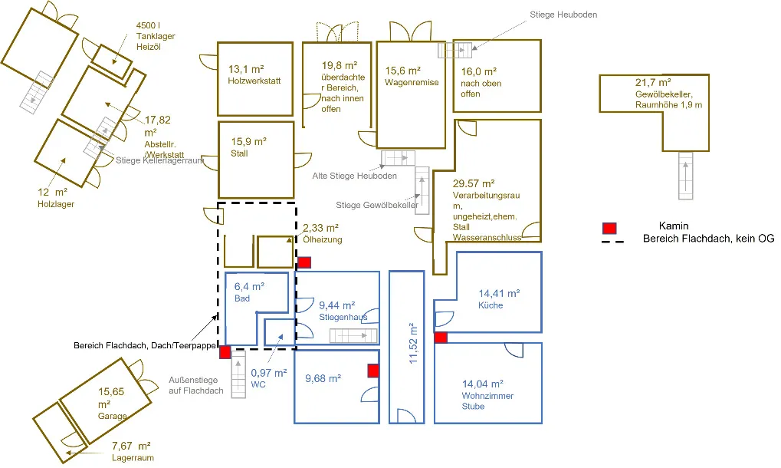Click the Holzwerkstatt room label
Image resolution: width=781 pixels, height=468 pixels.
pos(254,81)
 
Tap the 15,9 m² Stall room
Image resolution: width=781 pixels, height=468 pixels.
pos(256,160)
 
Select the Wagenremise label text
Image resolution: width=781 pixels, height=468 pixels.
pos(412,82)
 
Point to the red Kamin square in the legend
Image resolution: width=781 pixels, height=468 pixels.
pos(609,229)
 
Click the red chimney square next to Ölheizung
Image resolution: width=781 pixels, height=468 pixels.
pos(304,262)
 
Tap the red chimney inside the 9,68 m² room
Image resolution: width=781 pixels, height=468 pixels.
pos(373,371)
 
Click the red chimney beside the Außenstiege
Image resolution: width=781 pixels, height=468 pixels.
pos(225,352)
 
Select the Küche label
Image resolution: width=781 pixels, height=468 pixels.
pos(491,305)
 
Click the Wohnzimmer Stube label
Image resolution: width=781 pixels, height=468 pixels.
pos(487,400)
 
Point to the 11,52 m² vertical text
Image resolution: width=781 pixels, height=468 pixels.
pos(413,343)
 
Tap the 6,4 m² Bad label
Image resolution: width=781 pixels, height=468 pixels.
pos(249,292)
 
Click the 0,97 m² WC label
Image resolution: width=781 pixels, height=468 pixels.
pos(268,378)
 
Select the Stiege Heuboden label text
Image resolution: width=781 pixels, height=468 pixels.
pos(563,15)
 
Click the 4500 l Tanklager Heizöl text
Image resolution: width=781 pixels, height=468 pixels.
pos(156,36)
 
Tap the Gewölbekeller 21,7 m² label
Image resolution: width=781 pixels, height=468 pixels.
pos(668,93)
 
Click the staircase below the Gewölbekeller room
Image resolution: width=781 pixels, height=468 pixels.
pos(685,176)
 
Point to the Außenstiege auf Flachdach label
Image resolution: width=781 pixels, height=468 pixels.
pos(195,385)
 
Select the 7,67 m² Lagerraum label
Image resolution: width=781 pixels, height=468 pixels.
pos(133,452)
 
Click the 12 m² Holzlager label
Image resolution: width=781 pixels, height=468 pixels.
pos(55,198)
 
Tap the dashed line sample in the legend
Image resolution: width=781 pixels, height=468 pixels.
pos(612,242)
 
